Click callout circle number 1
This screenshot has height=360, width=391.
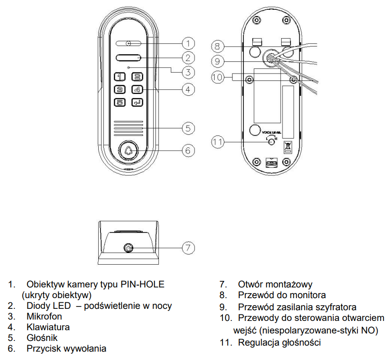tap(188, 43)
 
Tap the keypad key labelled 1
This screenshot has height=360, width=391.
tap(120, 77)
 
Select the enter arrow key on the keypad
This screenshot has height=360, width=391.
tap(137, 102)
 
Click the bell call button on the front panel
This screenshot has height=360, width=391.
tap(128, 151)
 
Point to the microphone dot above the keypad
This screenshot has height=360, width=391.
tap(128, 67)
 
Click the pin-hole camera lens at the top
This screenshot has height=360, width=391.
tap(128, 44)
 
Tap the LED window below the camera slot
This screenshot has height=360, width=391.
tap(128, 58)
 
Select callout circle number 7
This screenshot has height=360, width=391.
tap(188, 247)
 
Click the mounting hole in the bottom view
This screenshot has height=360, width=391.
tap(128, 248)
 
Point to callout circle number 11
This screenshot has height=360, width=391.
tap(218, 142)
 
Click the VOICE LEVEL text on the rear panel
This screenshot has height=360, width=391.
tap(271, 132)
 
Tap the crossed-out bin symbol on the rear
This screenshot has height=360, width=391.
tap(287, 147)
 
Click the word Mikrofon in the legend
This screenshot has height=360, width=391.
tap(44, 316)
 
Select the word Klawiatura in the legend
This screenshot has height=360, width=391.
tap(48, 327)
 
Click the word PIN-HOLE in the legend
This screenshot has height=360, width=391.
tap(142, 284)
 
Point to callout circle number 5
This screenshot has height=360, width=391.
tap(188, 128)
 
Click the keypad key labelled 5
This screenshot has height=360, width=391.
tap(120, 102)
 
